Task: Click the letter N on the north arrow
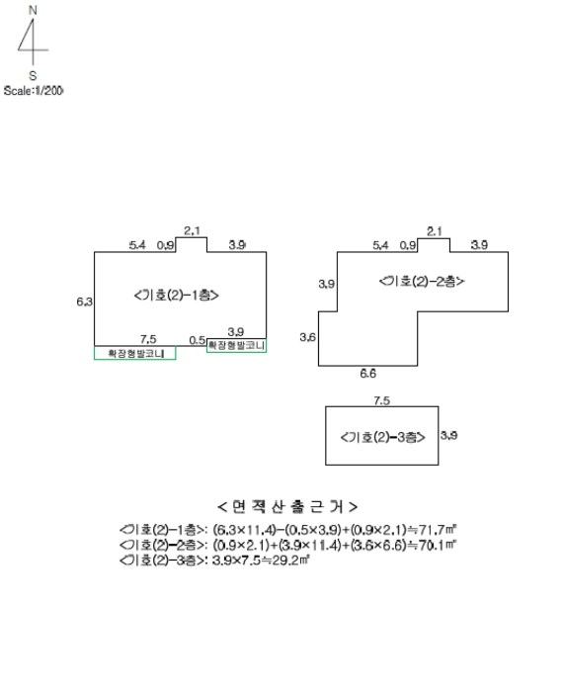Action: click(33, 9)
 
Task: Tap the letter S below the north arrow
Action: click(33, 74)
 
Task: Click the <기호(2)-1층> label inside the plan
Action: click(175, 295)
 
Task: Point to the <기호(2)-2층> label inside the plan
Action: click(422, 282)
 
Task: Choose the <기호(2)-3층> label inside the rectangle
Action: click(381, 436)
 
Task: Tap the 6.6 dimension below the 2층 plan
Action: click(366, 375)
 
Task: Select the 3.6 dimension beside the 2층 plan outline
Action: click(307, 338)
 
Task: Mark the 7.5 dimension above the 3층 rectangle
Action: click(381, 400)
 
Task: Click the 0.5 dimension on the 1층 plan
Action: click(197, 339)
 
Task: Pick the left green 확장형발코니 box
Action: click(135, 353)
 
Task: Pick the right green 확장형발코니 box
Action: click(236, 346)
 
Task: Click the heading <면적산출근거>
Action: click(287, 507)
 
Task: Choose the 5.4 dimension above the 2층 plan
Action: click(380, 244)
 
